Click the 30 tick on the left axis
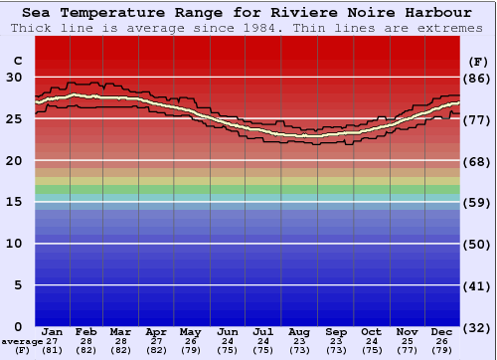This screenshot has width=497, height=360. (x=14, y=78)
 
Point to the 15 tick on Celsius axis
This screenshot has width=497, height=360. (x=14, y=202)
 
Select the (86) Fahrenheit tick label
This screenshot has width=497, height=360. (x=477, y=78)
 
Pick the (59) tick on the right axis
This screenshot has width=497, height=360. (x=477, y=203)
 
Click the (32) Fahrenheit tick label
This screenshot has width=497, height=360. (x=477, y=327)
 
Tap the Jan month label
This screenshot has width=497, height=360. (x=53, y=331)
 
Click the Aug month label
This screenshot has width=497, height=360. (x=299, y=331)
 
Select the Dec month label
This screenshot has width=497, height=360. (x=442, y=331)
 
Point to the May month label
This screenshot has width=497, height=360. (x=190, y=331)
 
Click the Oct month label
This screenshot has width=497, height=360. (x=371, y=331)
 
